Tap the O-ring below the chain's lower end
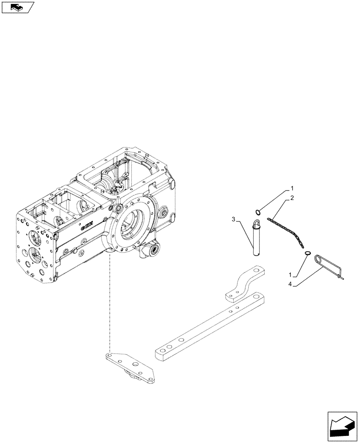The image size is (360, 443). (x=307, y=253)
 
